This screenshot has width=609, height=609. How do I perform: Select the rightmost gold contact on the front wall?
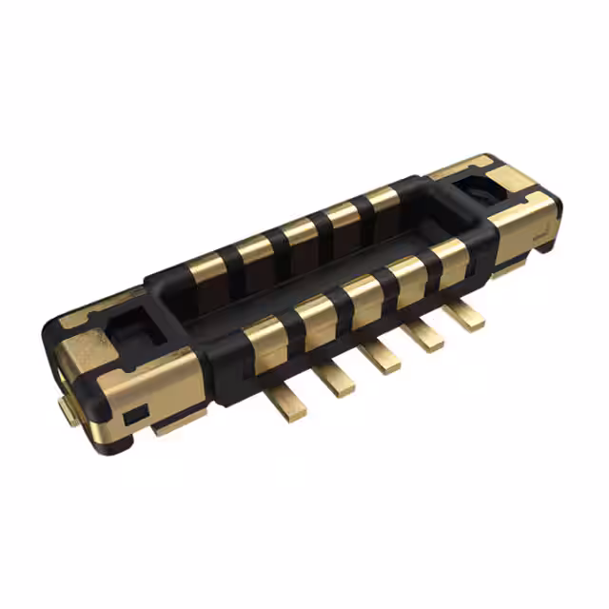(449, 257)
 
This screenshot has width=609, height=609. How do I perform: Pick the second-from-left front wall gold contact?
(315, 315)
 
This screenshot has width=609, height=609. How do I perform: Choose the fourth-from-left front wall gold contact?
(408, 275)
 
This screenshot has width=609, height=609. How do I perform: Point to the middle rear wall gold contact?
(300, 232)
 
